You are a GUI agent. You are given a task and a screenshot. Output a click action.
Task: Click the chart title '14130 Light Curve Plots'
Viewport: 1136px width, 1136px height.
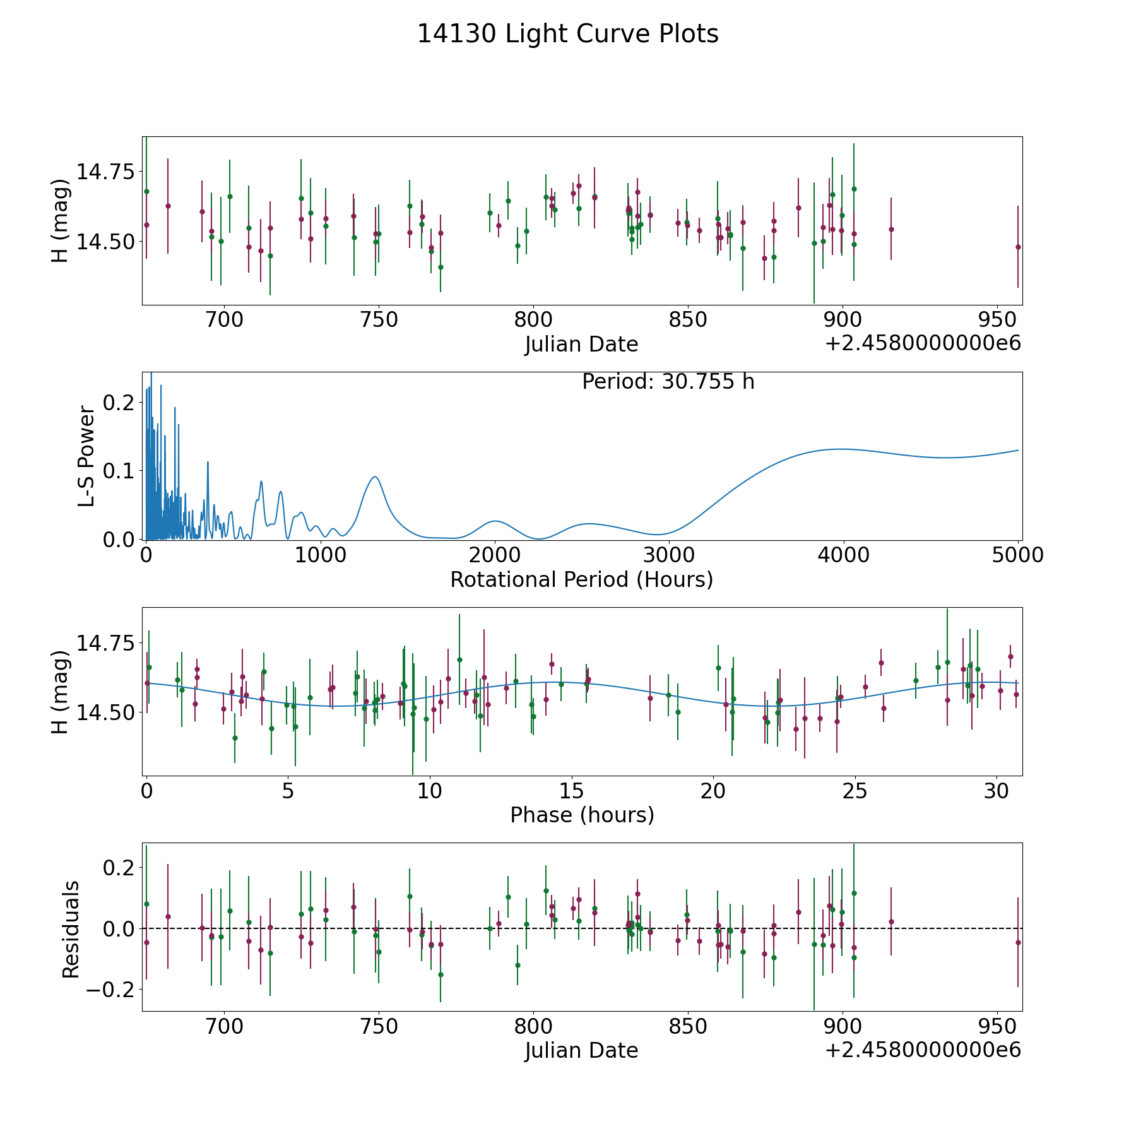(x=567, y=34)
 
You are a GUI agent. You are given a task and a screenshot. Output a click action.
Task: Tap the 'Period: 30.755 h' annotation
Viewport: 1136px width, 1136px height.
(x=668, y=382)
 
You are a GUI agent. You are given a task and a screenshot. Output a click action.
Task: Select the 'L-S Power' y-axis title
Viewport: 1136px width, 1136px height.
(x=86, y=456)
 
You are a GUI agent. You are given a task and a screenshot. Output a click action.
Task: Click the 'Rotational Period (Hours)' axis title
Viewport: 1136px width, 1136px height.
(x=581, y=579)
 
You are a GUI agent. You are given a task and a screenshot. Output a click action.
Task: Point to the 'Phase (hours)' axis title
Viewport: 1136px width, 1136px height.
(x=582, y=815)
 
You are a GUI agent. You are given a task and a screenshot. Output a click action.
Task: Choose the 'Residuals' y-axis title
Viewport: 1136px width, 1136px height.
(x=71, y=929)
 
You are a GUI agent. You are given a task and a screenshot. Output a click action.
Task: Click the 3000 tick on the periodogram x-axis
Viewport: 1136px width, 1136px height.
(x=669, y=555)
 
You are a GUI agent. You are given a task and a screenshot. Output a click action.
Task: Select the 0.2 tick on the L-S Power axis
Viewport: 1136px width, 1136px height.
(x=120, y=402)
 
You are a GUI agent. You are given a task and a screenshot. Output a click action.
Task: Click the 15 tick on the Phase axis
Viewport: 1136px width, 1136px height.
(x=571, y=791)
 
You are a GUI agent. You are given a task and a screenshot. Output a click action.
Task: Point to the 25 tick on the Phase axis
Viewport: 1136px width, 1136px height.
(x=855, y=791)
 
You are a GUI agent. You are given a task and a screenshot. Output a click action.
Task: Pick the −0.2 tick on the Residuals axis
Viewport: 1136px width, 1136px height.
(x=110, y=989)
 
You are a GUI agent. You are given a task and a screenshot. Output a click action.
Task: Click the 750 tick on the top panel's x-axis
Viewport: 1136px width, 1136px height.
(x=379, y=320)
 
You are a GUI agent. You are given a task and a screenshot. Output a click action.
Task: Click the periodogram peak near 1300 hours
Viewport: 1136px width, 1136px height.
(x=375, y=476)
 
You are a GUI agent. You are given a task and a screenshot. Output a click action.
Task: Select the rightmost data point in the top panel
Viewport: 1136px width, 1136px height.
(x=1017, y=247)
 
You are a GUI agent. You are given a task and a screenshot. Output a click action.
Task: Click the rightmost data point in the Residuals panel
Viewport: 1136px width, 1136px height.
(x=1017, y=942)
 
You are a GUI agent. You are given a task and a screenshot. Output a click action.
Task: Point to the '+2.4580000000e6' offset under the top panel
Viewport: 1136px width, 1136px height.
(x=923, y=343)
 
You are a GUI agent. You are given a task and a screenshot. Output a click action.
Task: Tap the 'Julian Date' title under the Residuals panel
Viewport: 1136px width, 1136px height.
(x=581, y=1050)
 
